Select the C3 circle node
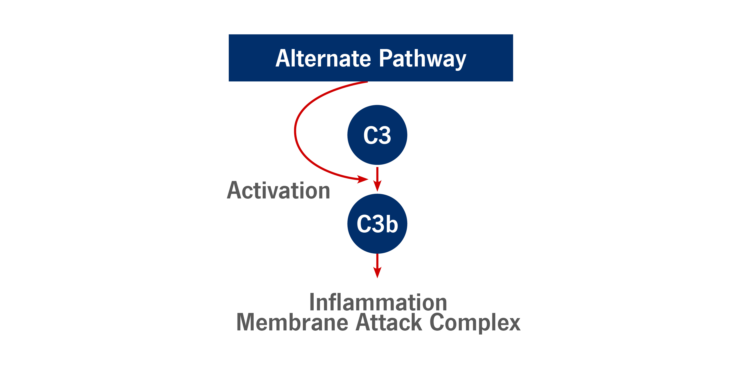click(x=377, y=135)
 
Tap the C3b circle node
click(x=377, y=224)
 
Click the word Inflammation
click(x=378, y=302)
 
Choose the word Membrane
click(x=292, y=322)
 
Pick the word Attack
click(x=389, y=322)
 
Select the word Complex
click(x=475, y=323)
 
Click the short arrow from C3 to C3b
click(x=377, y=179)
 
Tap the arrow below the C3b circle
click(x=377, y=266)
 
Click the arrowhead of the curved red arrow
click(x=362, y=179)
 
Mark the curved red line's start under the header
click(x=367, y=82)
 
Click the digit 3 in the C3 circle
click(x=384, y=135)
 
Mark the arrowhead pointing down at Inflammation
click(x=377, y=273)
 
